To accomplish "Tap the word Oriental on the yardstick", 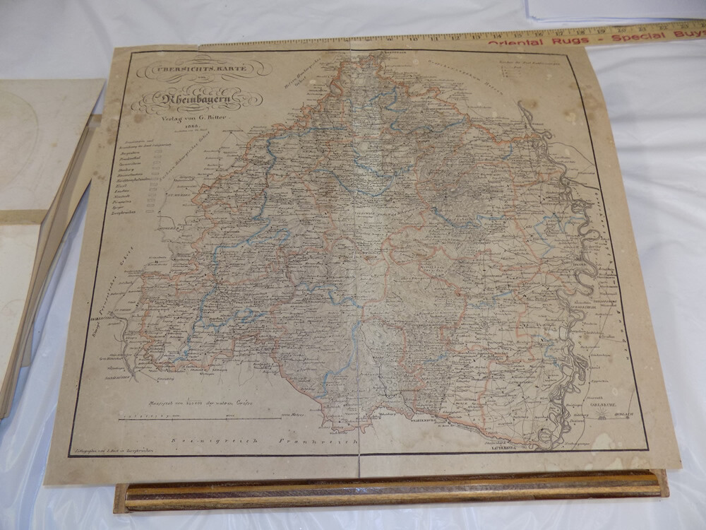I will (516, 42).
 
